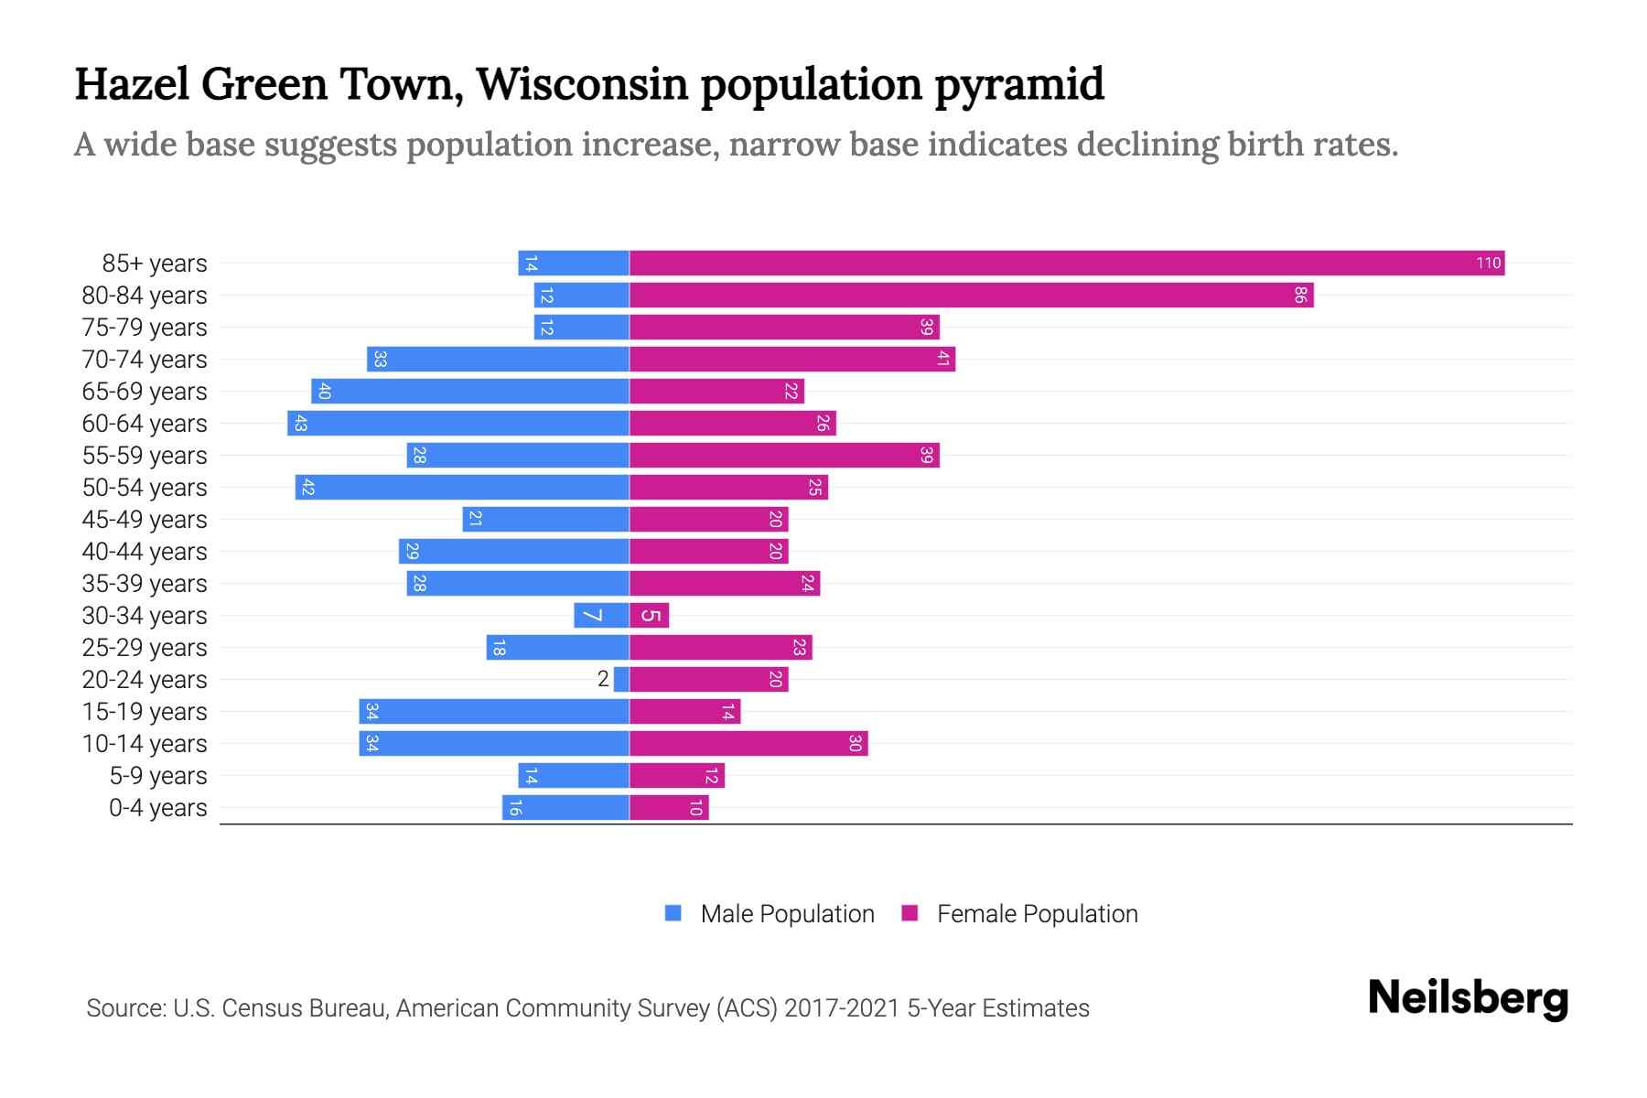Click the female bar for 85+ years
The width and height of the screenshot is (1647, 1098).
click(1066, 264)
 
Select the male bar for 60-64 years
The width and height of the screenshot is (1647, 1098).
click(457, 424)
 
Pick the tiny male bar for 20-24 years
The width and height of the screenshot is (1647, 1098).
click(621, 680)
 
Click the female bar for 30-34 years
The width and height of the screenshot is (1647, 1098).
click(650, 616)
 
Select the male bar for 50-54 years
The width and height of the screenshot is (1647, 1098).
click(462, 488)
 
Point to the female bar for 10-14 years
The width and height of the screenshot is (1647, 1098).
click(748, 744)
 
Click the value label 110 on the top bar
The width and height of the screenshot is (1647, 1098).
click(1488, 264)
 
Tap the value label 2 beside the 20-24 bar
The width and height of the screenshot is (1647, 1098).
click(603, 679)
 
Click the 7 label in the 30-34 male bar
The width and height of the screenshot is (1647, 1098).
click(593, 616)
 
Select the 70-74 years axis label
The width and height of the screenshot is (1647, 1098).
click(145, 360)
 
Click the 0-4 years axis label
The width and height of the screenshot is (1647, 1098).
click(157, 808)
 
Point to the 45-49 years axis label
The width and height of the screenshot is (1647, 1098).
click(145, 520)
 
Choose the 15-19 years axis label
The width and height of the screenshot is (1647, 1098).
click(145, 712)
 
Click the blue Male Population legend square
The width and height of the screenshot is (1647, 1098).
click(673, 913)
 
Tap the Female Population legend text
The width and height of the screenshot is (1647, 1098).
click(1037, 914)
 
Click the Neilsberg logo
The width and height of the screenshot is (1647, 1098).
click(1468, 998)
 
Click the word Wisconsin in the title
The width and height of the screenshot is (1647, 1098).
click(582, 84)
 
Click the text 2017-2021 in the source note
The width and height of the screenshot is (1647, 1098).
click(841, 1008)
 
